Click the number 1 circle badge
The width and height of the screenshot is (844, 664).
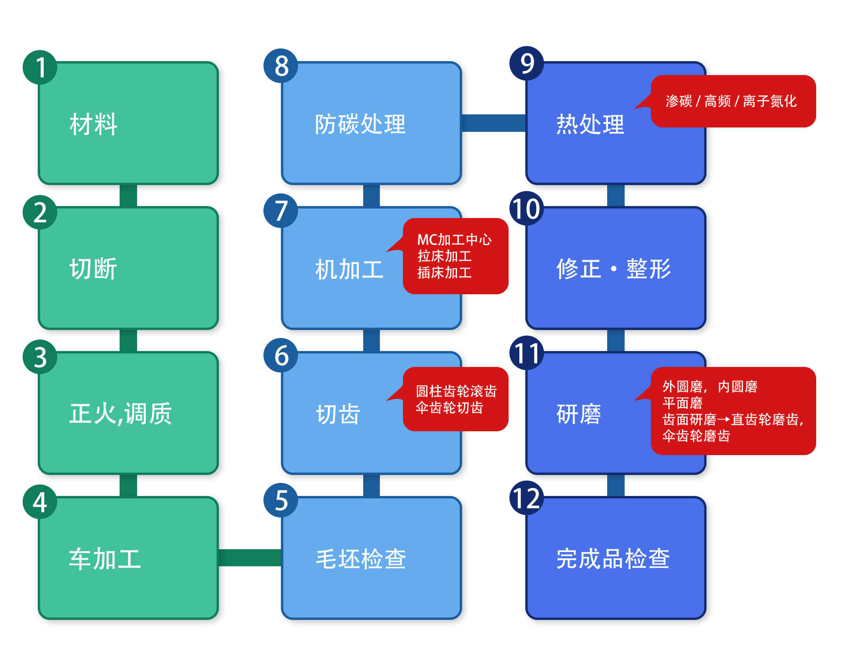40,67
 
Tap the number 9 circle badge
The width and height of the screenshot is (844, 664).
527,64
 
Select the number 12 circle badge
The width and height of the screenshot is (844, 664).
527,498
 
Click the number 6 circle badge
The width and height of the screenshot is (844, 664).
281,355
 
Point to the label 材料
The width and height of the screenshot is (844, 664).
93,124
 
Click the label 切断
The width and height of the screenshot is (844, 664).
93,269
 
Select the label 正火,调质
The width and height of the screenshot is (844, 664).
120,414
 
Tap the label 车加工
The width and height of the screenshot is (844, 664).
105,559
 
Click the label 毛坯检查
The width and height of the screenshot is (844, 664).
361,559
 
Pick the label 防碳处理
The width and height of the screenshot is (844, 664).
360,124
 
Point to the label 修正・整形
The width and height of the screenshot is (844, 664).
614,269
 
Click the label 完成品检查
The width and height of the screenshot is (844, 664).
613,559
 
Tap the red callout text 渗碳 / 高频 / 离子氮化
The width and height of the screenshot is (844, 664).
731,101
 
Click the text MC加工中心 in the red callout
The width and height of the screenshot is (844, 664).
454,240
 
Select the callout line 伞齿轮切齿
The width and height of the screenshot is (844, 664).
449,408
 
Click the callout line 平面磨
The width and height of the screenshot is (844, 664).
682,403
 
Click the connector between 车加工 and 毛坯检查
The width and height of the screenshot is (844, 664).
250,558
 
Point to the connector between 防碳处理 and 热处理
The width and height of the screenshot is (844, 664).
494,123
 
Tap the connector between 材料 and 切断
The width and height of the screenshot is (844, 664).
128,195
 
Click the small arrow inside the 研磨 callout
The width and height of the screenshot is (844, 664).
724,419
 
